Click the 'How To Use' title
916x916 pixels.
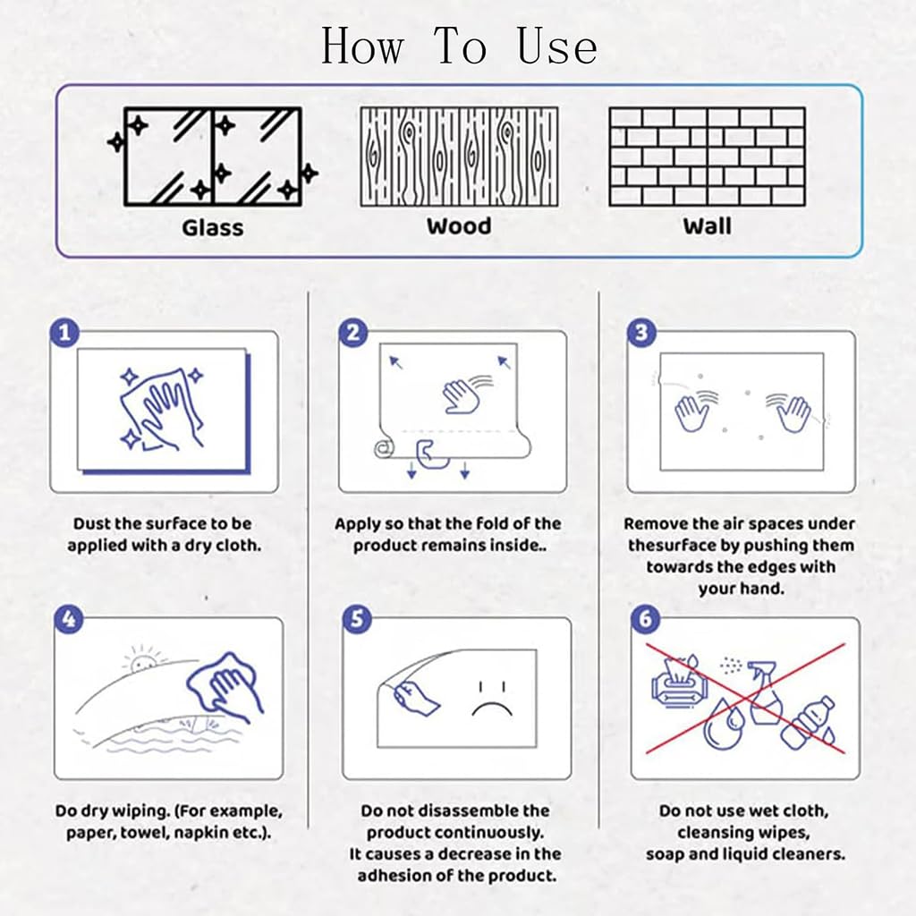click(459, 47)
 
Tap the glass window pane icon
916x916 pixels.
click(213, 157)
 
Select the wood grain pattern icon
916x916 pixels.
click(459, 157)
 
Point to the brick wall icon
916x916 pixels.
click(708, 157)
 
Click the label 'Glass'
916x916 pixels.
click(213, 228)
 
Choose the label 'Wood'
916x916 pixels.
click(459, 226)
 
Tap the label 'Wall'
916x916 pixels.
click(708, 226)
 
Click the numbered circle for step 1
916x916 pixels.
click(64, 333)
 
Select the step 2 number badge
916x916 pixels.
click(353, 333)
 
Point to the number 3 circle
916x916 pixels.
click(641, 333)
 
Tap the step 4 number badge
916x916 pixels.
click(69, 619)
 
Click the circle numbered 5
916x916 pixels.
click(358, 619)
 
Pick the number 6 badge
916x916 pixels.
click(646, 619)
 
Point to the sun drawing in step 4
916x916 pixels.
click(142, 660)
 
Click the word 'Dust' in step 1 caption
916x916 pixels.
click(91, 523)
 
